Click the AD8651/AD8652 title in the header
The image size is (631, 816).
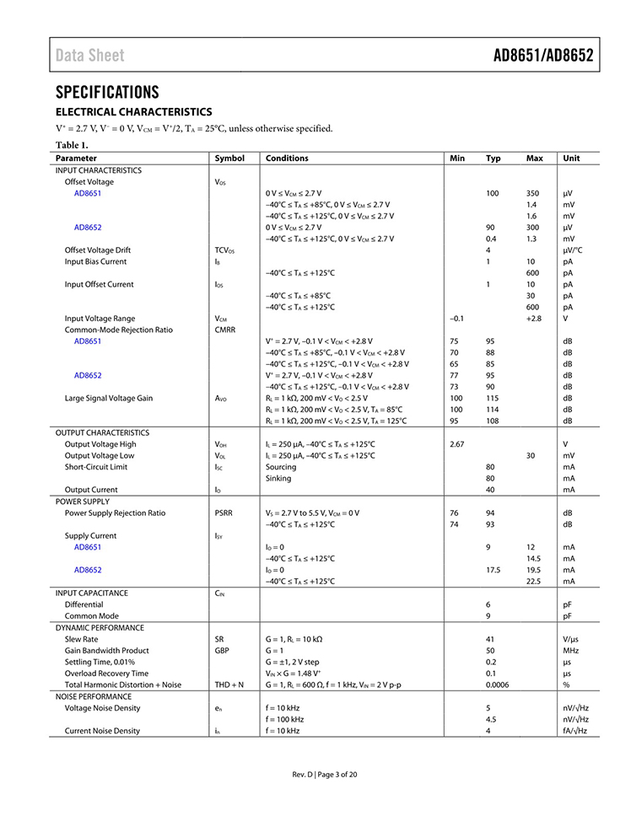click(x=543, y=56)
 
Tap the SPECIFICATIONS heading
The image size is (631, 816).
click(x=107, y=92)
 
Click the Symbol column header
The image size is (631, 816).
click(x=229, y=158)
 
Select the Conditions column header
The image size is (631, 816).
click(x=287, y=158)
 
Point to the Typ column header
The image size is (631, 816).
click(x=493, y=158)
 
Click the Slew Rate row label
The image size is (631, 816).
click(x=84, y=639)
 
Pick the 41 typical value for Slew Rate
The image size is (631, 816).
click(x=489, y=639)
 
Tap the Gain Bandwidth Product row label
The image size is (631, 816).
click(x=107, y=651)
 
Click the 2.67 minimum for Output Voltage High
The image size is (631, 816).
click(x=457, y=444)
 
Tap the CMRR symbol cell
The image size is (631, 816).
click(x=226, y=330)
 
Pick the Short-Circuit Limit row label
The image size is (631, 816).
click(x=97, y=467)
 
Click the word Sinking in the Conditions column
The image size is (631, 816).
click(x=278, y=478)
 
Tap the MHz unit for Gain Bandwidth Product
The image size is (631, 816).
click(x=570, y=651)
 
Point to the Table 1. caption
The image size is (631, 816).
click(x=72, y=144)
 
